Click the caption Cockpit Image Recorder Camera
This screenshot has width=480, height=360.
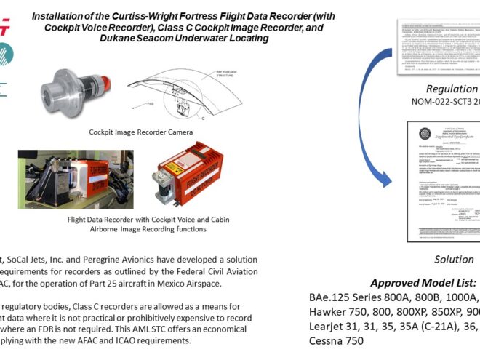[x=141, y=132]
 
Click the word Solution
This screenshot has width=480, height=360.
[x=454, y=260]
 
